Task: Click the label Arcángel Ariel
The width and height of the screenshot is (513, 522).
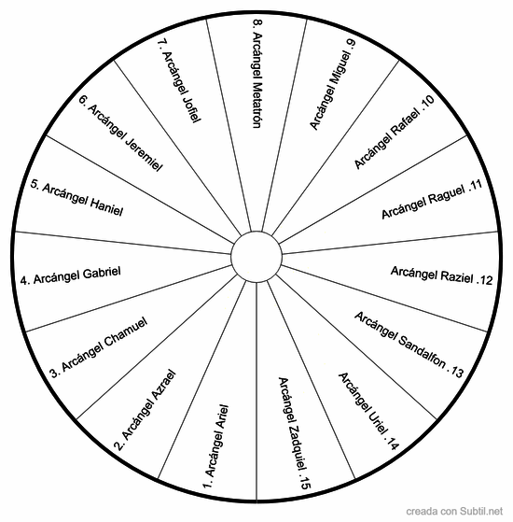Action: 216,441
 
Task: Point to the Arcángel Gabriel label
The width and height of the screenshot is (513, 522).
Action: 76,275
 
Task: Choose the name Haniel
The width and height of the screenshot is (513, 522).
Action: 106,206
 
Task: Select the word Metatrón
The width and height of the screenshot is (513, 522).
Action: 256,106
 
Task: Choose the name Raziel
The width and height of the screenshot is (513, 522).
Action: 457,276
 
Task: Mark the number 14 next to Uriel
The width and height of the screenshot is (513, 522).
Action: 393,444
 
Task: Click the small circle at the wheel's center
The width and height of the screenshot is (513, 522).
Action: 256,257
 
